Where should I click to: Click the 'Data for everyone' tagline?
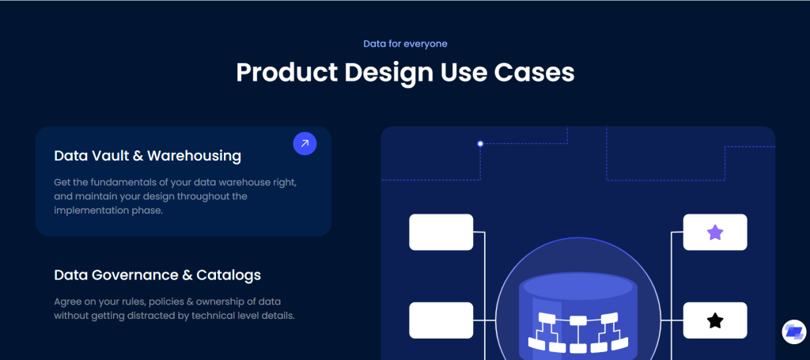405,44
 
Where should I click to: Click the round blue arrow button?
305,143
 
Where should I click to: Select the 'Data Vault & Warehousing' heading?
147,155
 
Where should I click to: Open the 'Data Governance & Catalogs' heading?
157,275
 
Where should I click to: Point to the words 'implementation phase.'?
108,210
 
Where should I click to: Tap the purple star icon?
715,233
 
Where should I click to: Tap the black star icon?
715,320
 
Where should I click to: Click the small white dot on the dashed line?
480,143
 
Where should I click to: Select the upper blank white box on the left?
441,233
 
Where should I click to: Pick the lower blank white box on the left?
441,320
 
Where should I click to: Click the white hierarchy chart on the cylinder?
578,332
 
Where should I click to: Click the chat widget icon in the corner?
793,332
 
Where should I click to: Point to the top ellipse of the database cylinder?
578,286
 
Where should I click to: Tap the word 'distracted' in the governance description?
162,315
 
